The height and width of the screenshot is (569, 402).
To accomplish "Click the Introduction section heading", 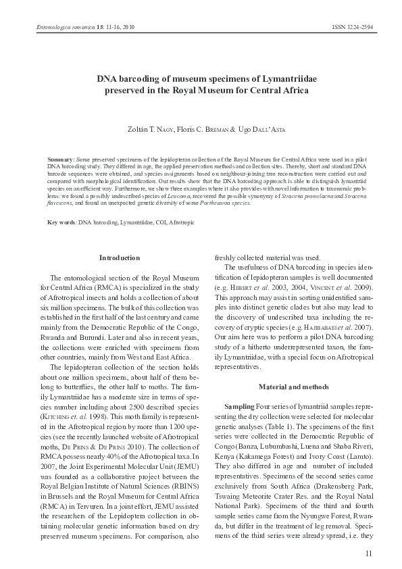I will point(120,257).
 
